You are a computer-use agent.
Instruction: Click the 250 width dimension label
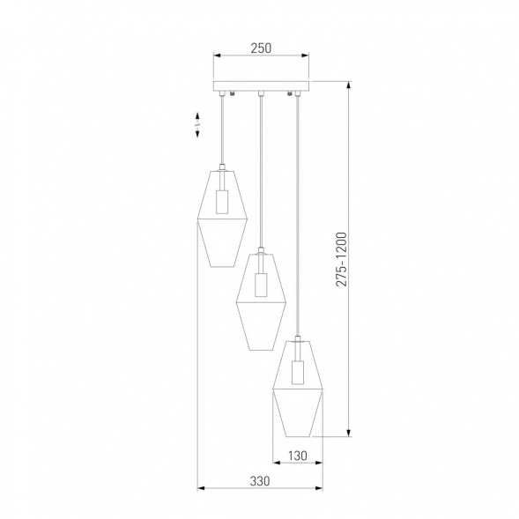click(259, 49)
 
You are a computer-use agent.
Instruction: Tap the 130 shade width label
click(299, 457)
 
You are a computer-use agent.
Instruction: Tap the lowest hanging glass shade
click(299, 388)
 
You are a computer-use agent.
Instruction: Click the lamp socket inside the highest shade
click(221, 202)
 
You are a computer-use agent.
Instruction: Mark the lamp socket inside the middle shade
click(259, 285)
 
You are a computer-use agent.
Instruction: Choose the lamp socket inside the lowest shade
click(299, 369)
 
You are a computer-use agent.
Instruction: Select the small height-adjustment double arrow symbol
click(197, 128)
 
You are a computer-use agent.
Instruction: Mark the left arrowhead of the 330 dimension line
click(199, 488)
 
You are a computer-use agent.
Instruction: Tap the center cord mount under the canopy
click(260, 93)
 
